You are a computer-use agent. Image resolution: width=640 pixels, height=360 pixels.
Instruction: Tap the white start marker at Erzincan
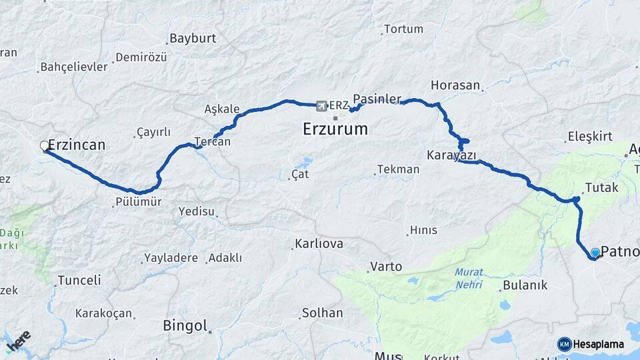point(45,145)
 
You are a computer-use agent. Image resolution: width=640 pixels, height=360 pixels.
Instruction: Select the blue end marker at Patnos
point(595,253)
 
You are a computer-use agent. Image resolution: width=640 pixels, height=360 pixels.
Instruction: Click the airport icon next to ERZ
point(322,105)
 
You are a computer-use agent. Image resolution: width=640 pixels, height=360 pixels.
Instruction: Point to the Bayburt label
point(193,38)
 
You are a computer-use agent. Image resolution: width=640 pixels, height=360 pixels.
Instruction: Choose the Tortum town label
point(403,29)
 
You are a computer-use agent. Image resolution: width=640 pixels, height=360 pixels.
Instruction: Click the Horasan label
point(455,85)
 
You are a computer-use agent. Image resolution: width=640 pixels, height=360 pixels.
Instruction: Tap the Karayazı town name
point(451,155)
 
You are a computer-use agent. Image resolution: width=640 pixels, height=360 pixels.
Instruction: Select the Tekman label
point(398,169)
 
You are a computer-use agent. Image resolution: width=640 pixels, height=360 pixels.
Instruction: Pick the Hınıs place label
point(423,230)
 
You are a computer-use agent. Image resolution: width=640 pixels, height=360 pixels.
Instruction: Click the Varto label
point(386,267)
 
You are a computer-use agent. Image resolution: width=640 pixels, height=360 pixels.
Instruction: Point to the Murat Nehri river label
point(469,277)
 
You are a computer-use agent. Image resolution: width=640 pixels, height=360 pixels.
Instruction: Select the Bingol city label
point(185,326)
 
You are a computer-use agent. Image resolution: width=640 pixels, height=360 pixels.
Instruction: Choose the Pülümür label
point(139,201)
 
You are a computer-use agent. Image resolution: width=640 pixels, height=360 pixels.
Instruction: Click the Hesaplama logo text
point(598,344)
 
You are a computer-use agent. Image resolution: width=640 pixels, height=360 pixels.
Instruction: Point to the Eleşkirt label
point(589,137)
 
